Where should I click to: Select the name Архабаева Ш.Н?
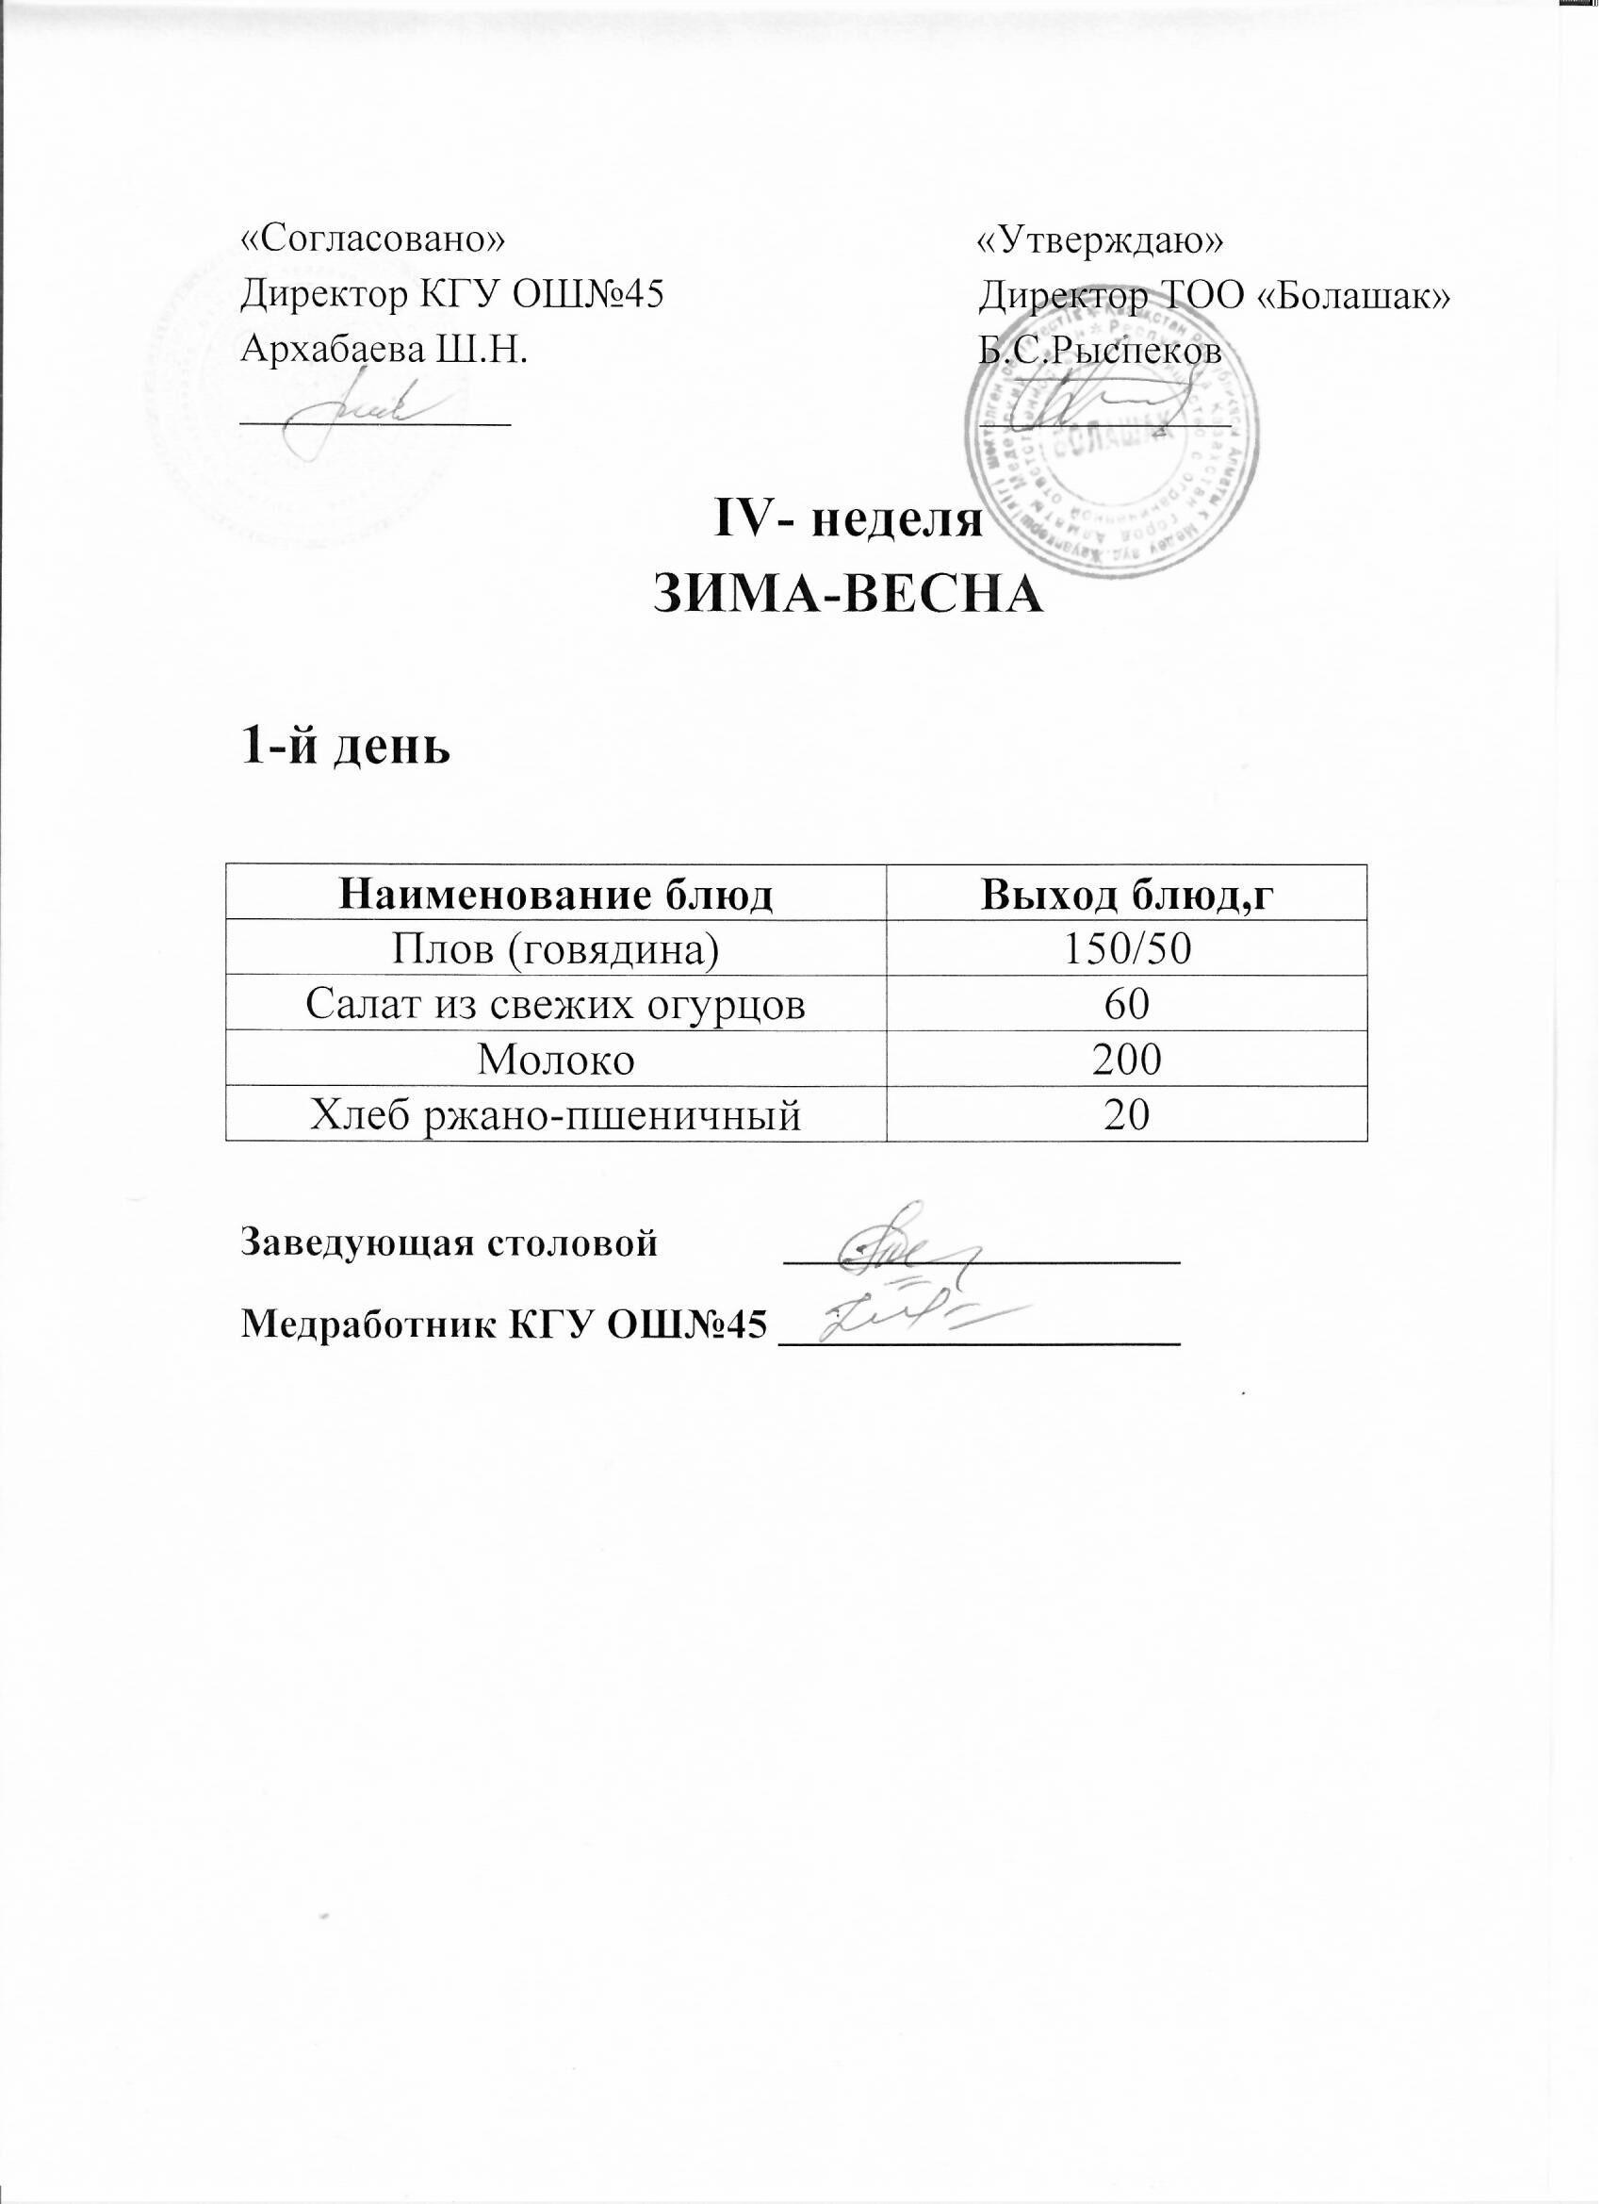(385, 350)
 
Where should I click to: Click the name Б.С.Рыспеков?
(1100, 350)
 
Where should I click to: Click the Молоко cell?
(556, 1061)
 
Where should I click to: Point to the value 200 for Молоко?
(1127, 1061)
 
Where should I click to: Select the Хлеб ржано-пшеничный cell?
(556, 1115)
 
